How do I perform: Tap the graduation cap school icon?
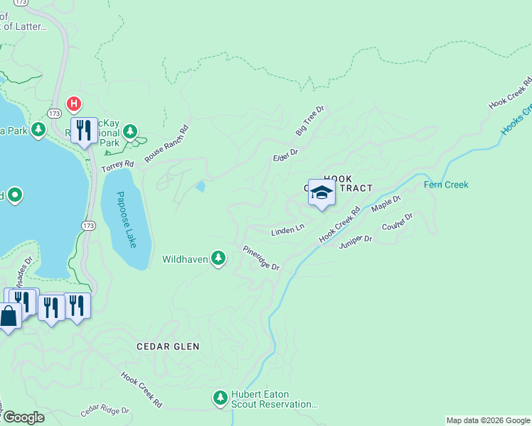tap(321, 193)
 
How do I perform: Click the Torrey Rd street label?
tap(117, 166)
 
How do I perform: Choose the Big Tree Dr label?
tap(309, 121)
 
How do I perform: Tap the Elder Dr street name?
tap(284, 155)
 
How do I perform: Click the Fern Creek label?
tap(446, 185)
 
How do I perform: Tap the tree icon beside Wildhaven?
tap(220, 259)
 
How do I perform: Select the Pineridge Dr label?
tap(261, 258)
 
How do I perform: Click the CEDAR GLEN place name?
tap(168, 346)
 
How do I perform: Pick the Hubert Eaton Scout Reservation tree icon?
tap(220, 397)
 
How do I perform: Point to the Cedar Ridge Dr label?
tap(105, 410)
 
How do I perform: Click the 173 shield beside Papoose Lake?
tap(87, 226)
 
